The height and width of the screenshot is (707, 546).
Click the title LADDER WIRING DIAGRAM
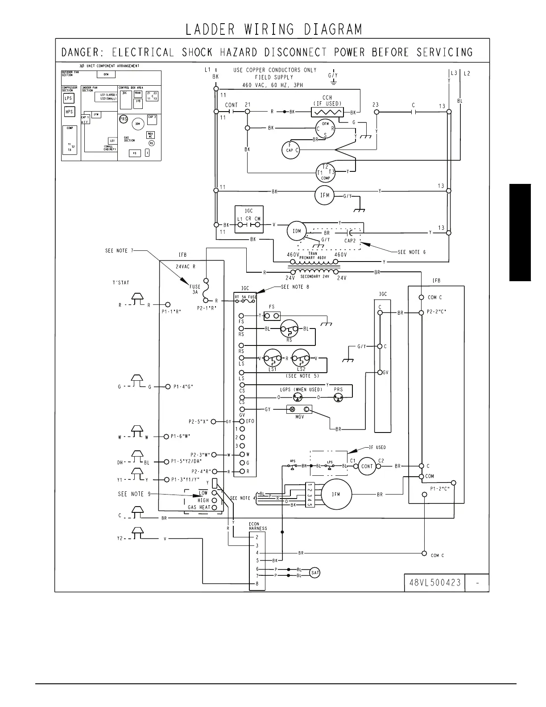pyautogui.click(x=273, y=29)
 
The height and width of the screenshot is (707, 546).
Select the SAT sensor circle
pyautogui.click(x=315, y=573)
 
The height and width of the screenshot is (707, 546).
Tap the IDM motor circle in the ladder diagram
pyautogui.click(x=297, y=231)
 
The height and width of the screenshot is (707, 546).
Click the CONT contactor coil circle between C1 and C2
pyautogui.click(x=367, y=466)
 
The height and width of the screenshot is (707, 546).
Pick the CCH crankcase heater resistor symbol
pyautogui.click(x=327, y=112)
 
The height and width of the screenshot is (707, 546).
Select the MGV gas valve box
pyautogui.click(x=299, y=409)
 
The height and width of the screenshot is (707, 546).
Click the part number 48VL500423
pyautogui.click(x=434, y=582)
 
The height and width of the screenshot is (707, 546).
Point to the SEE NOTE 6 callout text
pyautogui.click(x=411, y=252)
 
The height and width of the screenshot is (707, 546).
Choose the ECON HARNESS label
pyautogui.click(x=258, y=526)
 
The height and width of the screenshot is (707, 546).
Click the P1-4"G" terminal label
pyautogui.click(x=183, y=387)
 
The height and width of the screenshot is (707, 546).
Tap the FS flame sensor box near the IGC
pyautogui.click(x=272, y=316)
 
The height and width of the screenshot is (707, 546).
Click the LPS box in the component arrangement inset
pyautogui.click(x=68, y=99)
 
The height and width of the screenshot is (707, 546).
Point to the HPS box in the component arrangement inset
pyautogui.click(x=69, y=112)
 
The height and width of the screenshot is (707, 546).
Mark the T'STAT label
pyautogui.click(x=121, y=283)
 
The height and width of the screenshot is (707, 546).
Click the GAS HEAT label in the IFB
pyautogui.click(x=199, y=507)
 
